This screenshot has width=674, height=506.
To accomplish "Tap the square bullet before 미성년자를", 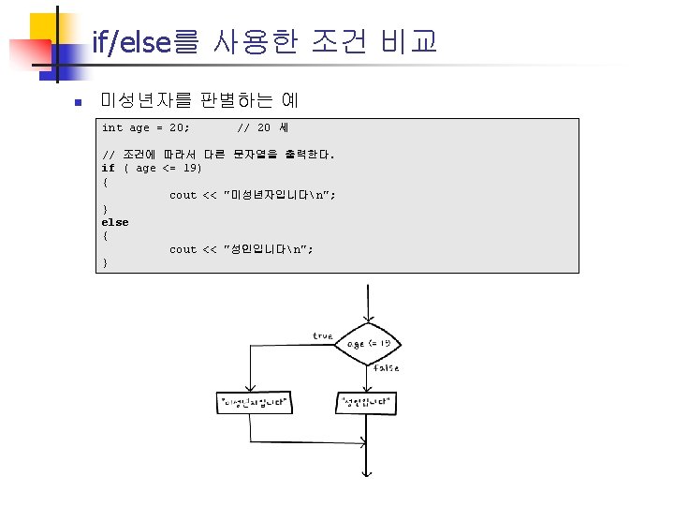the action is [x=81, y=101].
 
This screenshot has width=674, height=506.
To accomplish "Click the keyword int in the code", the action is [x=111, y=127].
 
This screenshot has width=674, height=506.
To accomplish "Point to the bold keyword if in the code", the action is [x=108, y=168].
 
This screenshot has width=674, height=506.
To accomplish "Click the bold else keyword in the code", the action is [x=115, y=222].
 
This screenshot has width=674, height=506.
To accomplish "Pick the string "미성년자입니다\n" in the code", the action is [x=280, y=195].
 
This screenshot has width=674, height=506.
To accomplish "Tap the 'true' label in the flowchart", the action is [x=322, y=335].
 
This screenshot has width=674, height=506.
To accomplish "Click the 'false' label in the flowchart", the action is [x=386, y=368].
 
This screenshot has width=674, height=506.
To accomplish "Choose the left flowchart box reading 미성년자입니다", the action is [x=252, y=404].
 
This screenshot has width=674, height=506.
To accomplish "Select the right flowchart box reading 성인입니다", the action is [x=366, y=404].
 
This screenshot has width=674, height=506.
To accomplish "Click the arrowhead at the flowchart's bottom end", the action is [x=369, y=474].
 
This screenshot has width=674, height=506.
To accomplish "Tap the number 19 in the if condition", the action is [x=191, y=168].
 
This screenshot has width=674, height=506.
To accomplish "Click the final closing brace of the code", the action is [x=105, y=263].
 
